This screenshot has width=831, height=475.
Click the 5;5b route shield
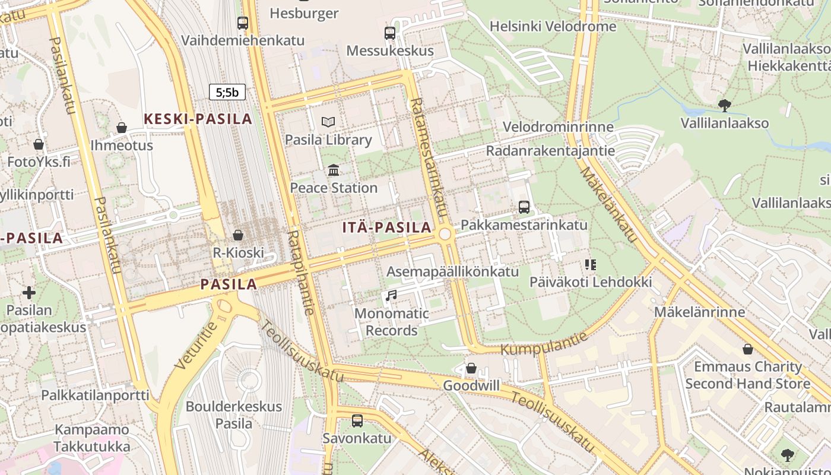click(x=227, y=92)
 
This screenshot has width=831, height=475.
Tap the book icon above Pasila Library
click(x=328, y=122)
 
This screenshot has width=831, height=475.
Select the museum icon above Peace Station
click(x=334, y=170)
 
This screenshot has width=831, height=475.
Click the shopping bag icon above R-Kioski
click(x=238, y=235)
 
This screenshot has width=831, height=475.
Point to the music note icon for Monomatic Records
click(x=391, y=295)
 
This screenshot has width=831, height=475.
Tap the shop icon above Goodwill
click(x=471, y=368)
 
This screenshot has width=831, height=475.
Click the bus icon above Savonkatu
click(x=357, y=420)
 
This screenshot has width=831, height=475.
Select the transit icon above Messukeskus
click(x=390, y=33)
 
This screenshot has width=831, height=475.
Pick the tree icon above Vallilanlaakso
click(x=724, y=106)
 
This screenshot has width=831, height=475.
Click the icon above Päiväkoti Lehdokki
click(x=590, y=265)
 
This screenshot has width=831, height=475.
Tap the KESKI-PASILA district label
click(x=198, y=119)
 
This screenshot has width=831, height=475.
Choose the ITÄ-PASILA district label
click(x=387, y=227)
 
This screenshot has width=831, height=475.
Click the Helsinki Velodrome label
click(x=553, y=27)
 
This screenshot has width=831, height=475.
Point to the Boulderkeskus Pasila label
click(x=234, y=415)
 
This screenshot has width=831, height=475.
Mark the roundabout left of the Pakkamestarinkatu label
click(x=445, y=235)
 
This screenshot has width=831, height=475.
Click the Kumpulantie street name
click(x=544, y=344)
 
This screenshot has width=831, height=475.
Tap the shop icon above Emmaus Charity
click(x=748, y=349)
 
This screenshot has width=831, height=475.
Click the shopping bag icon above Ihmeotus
click(x=122, y=128)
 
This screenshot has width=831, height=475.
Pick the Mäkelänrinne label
click(x=699, y=312)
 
